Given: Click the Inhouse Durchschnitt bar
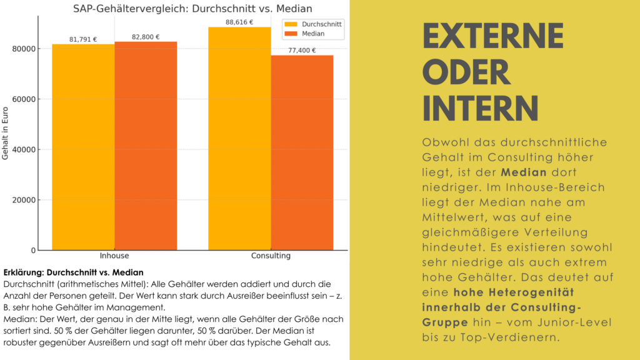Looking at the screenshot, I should (x=83, y=147).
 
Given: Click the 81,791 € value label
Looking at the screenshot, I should (x=83, y=39).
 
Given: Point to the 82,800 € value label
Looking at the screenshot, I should (x=146, y=37).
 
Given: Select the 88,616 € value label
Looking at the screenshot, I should (x=239, y=22).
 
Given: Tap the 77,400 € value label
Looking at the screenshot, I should (x=302, y=51).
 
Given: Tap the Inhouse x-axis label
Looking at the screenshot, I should (x=114, y=256).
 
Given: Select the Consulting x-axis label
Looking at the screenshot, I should (x=271, y=256).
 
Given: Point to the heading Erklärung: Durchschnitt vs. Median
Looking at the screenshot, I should (x=73, y=272).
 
